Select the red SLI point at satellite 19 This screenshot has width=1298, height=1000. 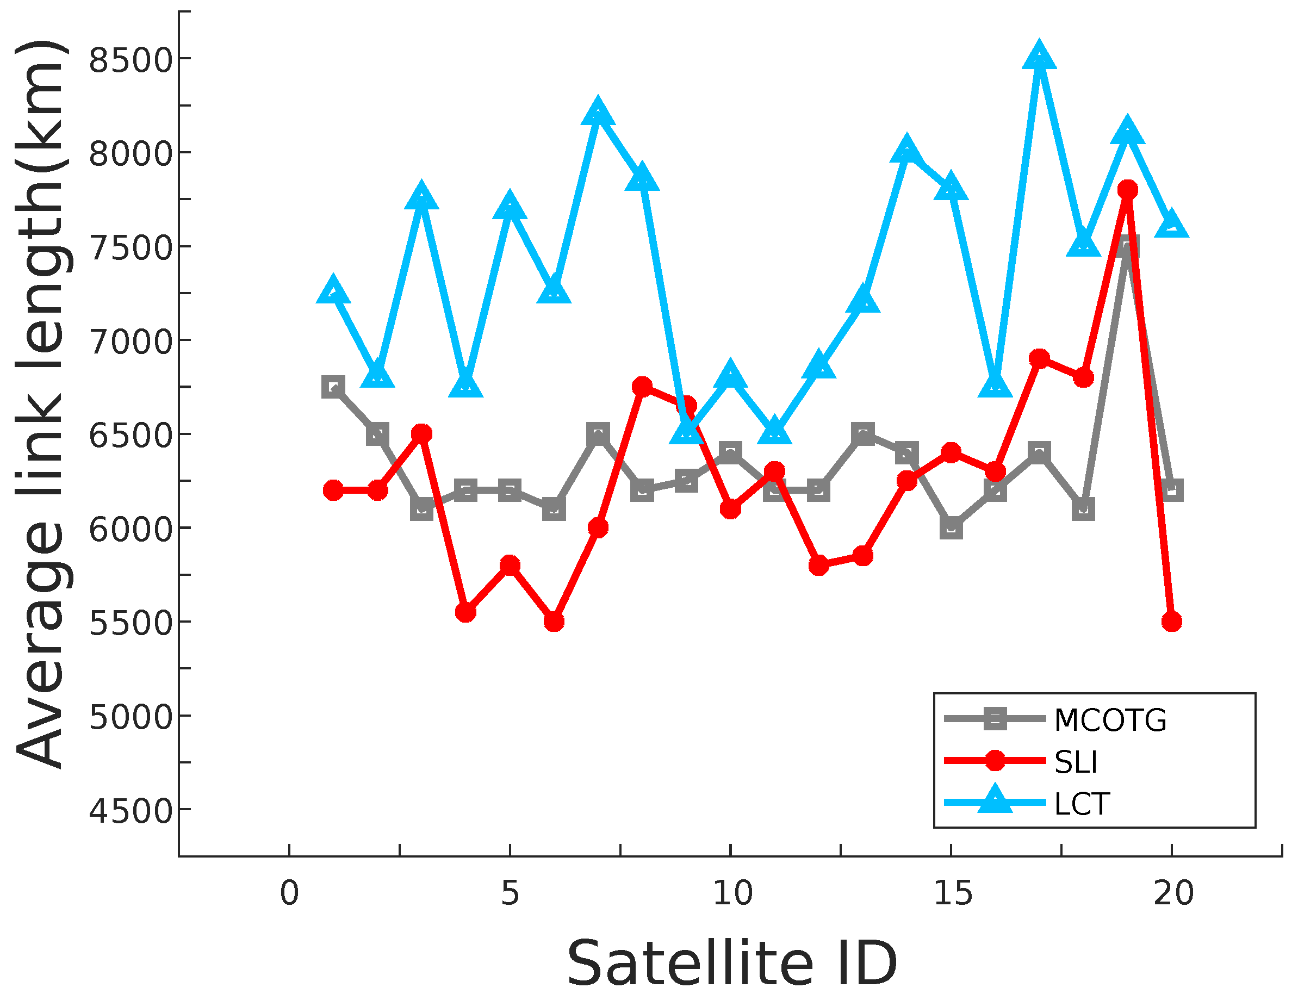click(1127, 190)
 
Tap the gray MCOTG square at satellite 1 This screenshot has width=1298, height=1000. click(333, 387)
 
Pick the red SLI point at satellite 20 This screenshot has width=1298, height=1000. click(1171, 622)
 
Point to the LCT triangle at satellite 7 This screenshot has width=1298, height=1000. click(598, 114)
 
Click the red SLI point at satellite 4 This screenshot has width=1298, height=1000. click(466, 612)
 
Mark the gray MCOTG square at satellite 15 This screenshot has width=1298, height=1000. click(951, 527)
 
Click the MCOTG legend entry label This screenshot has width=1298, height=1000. click(1110, 720)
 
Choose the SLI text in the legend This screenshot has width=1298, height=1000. click(1075, 762)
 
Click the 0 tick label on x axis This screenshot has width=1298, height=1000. click(289, 893)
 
